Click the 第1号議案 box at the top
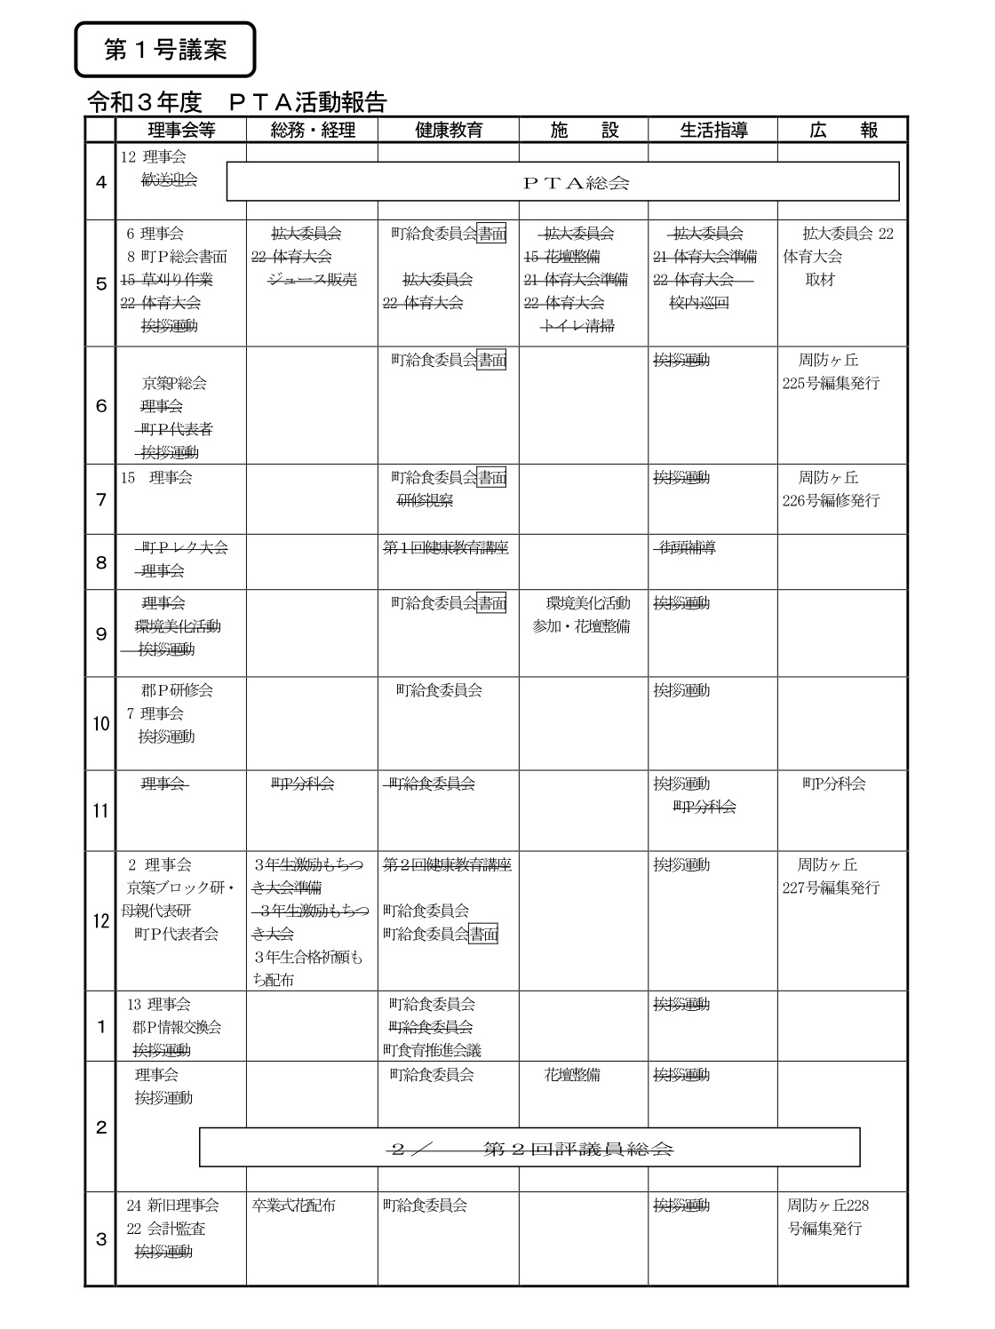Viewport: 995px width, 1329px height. (166, 50)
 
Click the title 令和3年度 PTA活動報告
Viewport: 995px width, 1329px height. (236, 102)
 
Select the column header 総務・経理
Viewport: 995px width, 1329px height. (312, 130)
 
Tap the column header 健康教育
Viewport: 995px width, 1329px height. (449, 130)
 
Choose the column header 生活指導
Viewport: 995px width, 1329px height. (713, 130)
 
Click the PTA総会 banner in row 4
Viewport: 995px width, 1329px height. (563, 182)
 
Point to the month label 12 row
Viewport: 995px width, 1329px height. (100, 921)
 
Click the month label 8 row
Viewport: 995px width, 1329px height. (100, 561)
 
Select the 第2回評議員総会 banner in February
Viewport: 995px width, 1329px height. (529, 1148)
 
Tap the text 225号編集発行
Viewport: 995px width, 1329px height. (831, 384)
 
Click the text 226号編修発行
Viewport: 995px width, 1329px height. (831, 501)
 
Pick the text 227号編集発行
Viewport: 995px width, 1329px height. (831, 887)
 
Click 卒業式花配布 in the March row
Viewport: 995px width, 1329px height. (294, 1206)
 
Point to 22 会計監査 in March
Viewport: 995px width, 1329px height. (166, 1229)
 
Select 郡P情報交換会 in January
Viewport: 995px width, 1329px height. (177, 1027)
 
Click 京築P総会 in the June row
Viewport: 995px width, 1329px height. (174, 384)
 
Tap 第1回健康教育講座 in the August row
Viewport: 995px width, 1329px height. (446, 548)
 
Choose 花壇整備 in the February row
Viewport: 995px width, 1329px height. (572, 1075)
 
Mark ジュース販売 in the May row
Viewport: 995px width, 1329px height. (312, 280)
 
